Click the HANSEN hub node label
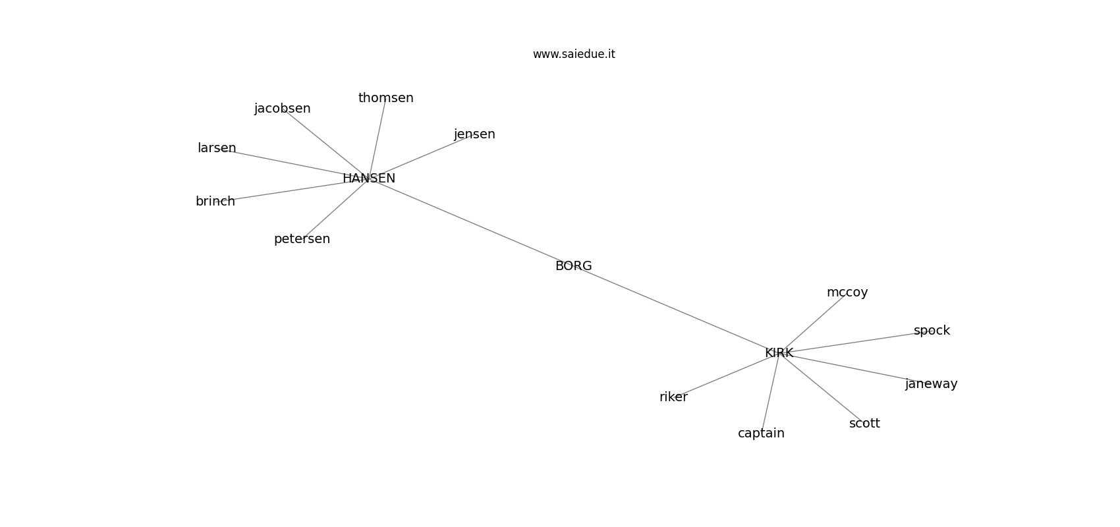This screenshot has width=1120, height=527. (x=369, y=178)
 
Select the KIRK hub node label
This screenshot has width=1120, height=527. (x=779, y=353)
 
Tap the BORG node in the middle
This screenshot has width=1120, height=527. (x=573, y=266)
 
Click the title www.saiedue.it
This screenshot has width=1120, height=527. (x=574, y=54)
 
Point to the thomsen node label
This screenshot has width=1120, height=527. (x=386, y=98)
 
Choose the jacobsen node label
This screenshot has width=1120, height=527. (x=283, y=109)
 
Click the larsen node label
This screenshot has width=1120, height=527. (x=217, y=148)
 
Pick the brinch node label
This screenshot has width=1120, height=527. (x=215, y=202)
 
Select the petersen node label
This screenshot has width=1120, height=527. (x=302, y=239)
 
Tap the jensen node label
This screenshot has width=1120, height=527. (x=474, y=134)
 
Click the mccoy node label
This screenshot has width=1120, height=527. (x=847, y=292)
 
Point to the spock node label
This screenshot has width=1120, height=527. (x=932, y=331)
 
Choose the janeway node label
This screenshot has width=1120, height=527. (x=931, y=384)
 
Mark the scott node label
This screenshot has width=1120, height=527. (x=864, y=424)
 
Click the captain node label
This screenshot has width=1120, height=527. (x=762, y=433)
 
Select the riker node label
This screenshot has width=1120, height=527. (x=673, y=397)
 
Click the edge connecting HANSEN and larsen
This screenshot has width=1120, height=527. (x=293, y=163)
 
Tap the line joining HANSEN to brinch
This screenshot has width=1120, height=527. (x=292, y=190)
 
